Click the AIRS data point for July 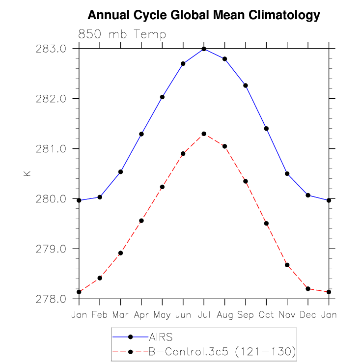tap(204, 49)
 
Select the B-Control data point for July tap(204, 134)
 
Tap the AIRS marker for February tap(100, 197)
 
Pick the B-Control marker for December tap(308, 289)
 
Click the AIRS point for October tap(267, 129)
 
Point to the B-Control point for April tap(141, 221)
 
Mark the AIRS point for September tap(246, 85)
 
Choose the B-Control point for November tap(287, 265)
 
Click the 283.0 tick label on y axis tap(51, 49)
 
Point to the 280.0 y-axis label tap(51, 199)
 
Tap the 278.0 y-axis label tap(51, 299)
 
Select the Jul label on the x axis tap(204, 315)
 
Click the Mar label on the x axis tap(120, 315)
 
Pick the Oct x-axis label tap(266, 315)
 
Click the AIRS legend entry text tap(161, 337)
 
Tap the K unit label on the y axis tap(27, 173)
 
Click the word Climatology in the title tap(284, 15)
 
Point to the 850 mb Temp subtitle tap(122, 34)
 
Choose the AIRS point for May tap(162, 97)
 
